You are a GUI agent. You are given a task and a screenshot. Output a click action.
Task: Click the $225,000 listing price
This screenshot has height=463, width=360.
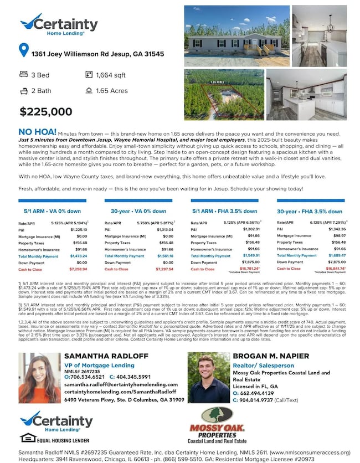click(x=46, y=111)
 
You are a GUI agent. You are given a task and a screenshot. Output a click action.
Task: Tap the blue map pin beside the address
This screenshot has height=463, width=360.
click(x=23, y=51)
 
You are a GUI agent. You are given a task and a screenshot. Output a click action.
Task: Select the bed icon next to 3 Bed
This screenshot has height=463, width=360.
click(x=23, y=74)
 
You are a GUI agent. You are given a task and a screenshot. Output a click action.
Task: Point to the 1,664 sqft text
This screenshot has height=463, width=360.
click(x=111, y=74)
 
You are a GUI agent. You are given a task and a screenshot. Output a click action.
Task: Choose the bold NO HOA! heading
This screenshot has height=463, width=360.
click(x=37, y=132)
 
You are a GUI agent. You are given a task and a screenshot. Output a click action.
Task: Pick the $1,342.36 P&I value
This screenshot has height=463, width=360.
click(x=337, y=229)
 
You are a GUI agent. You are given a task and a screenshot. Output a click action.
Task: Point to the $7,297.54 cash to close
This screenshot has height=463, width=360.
click(x=163, y=269)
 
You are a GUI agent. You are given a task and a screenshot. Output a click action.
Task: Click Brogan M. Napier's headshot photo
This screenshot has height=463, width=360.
click(x=208, y=378)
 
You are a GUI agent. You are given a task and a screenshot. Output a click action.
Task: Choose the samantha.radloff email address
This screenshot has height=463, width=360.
click(x=120, y=384)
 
